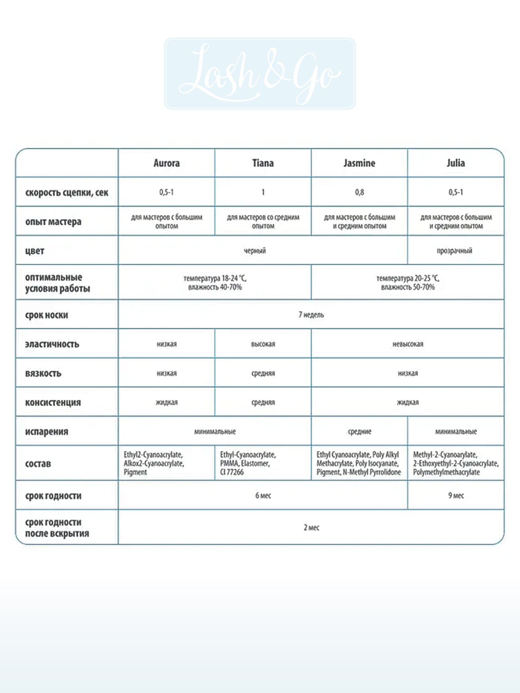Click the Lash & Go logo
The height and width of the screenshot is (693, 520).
pos(260,73)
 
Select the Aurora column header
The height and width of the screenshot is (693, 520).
pos(166,163)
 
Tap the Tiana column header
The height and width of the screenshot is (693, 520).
pos(263,163)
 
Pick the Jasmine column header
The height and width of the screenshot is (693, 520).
pos(359,163)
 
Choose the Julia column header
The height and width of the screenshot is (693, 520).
pos(456,163)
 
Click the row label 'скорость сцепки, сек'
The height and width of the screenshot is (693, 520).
pos(67,192)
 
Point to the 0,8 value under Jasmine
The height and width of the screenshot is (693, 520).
pos(359,192)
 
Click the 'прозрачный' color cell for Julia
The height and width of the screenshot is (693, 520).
pos(454,251)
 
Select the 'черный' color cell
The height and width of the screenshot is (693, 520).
pos(255,251)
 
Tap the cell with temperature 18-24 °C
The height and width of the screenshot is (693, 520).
pos(215,282)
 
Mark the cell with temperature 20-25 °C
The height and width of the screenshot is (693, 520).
pos(408,282)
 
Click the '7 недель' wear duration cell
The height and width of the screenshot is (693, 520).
pos(311,315)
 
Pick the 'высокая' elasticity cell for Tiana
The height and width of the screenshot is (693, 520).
pos(263,344)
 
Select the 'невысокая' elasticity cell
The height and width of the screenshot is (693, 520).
pos(408,344)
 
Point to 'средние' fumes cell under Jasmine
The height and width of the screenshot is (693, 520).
pos(359,431)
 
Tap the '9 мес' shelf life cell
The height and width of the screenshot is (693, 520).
pos(456,495)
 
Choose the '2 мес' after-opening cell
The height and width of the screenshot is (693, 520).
pos(311,527)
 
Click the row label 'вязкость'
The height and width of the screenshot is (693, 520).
pos(43,373)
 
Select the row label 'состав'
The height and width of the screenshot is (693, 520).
pos(38,464)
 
